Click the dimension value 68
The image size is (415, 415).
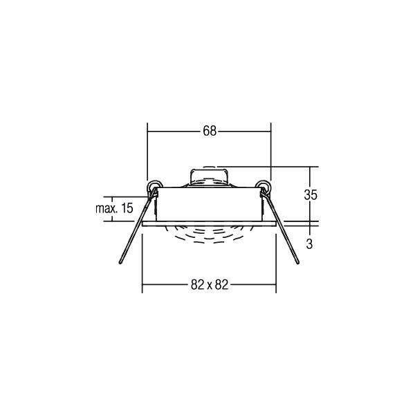[x=210, y=131]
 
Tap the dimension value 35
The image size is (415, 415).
[x=311, y=195]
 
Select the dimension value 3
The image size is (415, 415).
[x=309, y=244]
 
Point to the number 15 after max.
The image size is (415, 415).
[x=127, y=208]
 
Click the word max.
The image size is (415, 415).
[x=107, y=209]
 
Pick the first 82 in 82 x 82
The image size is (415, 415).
[x=197, y=285]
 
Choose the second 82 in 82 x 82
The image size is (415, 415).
[x=221, y=285]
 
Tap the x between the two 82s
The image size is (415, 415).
[x=210, y=286]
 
